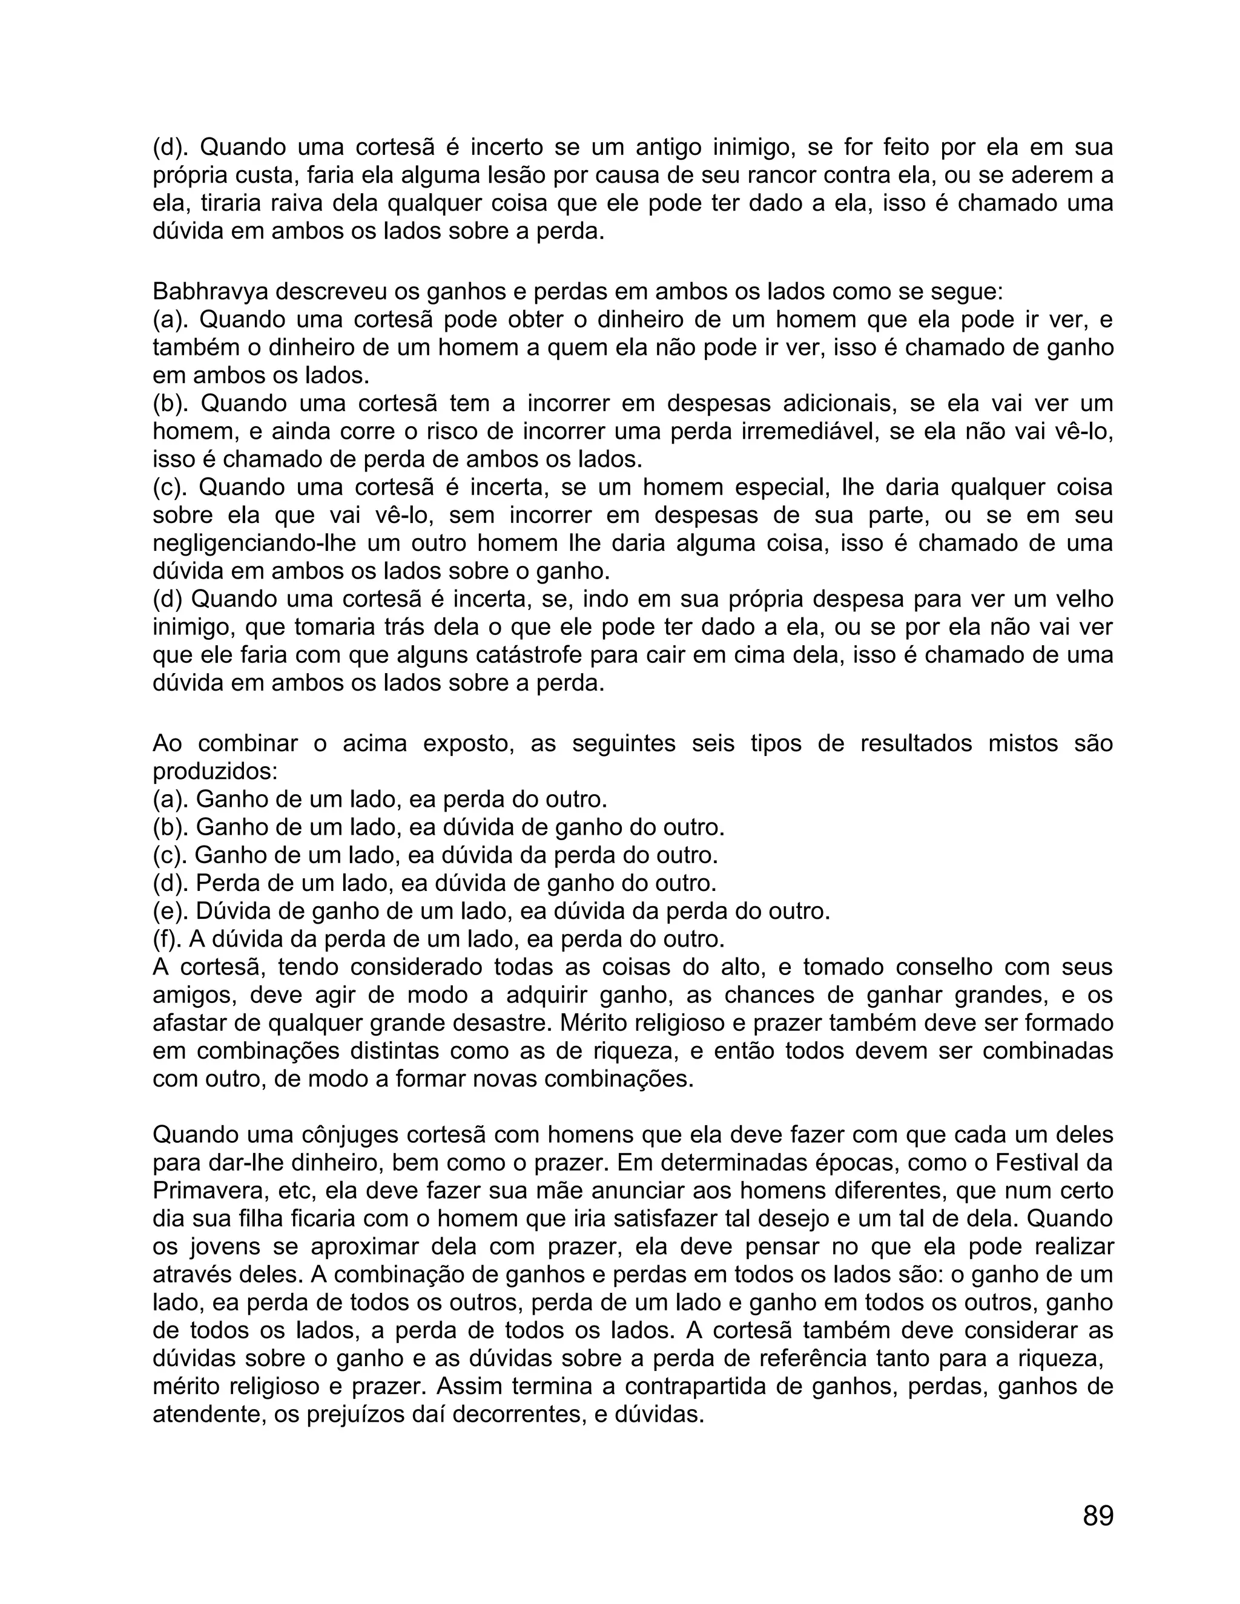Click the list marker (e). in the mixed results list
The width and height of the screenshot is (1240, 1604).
coord(170,912)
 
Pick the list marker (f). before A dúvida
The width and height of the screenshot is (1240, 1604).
coord(169,939)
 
